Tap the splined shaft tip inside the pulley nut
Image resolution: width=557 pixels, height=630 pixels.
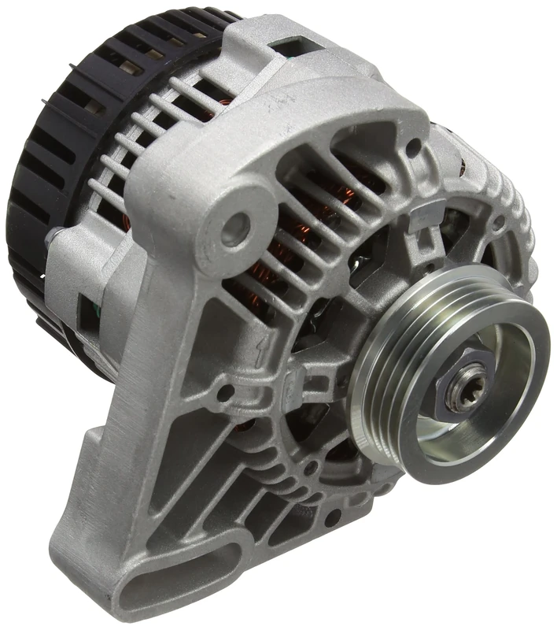[x=459, y=391]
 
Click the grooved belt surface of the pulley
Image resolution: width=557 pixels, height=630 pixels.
[x=385, y=370]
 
